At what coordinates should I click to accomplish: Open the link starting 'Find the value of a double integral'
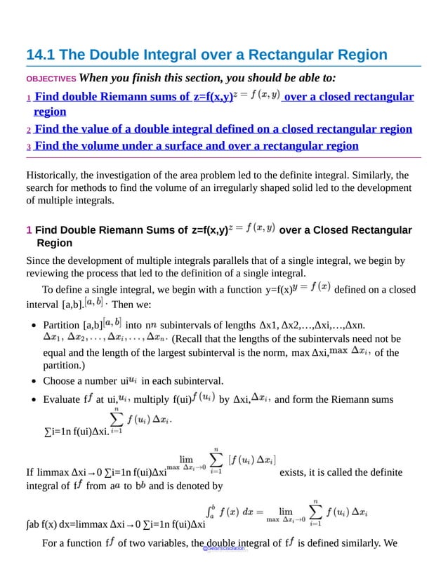pos(223,129)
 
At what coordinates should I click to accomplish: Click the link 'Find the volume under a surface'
pos(196,146)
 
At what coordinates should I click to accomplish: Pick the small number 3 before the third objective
pos(29,147)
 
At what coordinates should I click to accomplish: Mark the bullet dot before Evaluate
pos(34,400)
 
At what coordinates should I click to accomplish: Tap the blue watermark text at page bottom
pos(224,549)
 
